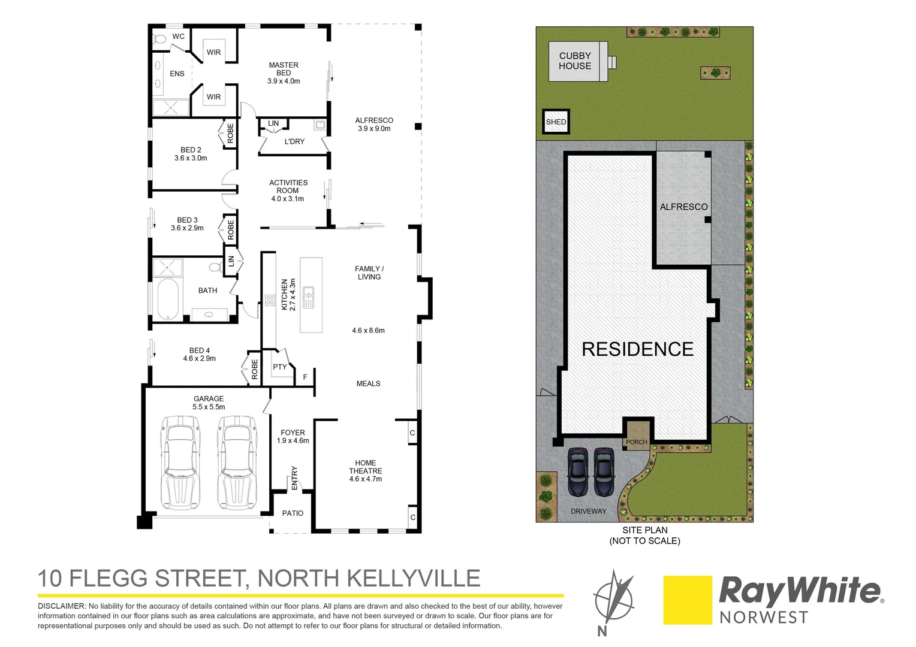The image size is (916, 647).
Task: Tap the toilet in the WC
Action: click(160, 40)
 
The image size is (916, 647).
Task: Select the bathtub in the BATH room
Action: click(168, 299)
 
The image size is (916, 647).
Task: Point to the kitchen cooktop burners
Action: click(270, 300)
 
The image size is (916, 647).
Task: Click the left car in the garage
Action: click(179, 462)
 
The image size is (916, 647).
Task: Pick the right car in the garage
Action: click(237, 462)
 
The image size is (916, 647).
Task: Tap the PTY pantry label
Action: click(280, 367)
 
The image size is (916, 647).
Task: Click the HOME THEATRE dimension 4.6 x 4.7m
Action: click(366, 479)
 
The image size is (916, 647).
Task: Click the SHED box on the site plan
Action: click(556, 122)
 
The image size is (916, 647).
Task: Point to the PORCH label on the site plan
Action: click(637, 442)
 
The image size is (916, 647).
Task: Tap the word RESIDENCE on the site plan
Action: click(638, 349)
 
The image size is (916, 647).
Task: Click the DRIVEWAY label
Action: click(589, 511)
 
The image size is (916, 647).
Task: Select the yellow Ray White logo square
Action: click(688, 600)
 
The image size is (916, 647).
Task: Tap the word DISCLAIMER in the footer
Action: click(61, 606)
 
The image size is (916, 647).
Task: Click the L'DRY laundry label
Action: click(294, 141)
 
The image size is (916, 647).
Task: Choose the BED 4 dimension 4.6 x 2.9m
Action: click(200, 358)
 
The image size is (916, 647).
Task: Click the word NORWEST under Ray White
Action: click(764, 617)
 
